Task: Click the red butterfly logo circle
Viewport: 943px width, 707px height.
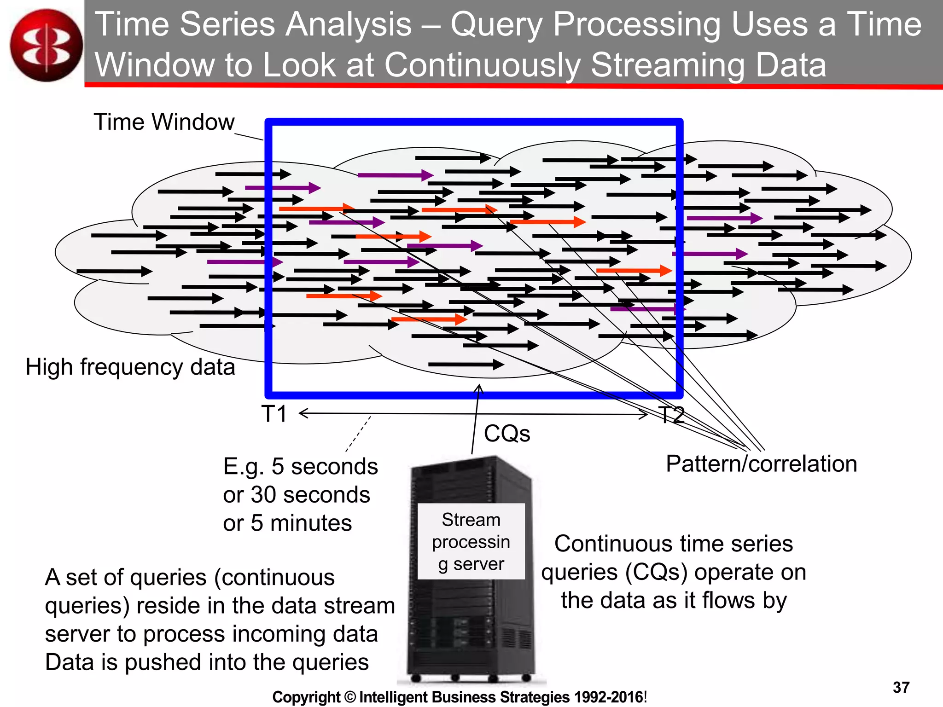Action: [46, 45]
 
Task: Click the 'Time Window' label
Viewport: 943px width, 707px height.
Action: [164, 122]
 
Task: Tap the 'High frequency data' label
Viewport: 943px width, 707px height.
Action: [130, 367]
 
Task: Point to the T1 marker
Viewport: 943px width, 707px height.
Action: [274, 414]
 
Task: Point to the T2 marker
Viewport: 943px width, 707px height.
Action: [671, 415]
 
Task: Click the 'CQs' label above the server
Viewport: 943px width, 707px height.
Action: [507, 434]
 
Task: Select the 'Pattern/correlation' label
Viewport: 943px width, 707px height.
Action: [761, 464]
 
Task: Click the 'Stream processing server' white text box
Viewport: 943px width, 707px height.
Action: [471, 541]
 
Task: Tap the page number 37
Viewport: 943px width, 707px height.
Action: [901, 688]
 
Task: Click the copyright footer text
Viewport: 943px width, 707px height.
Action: [460, 697]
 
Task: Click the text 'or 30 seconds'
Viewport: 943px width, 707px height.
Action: [297, 495]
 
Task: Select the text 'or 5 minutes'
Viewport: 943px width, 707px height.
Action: [287, 523]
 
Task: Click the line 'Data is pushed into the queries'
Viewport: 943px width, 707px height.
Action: [207, 662]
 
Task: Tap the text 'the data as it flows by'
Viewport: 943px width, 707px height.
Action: [674, 601]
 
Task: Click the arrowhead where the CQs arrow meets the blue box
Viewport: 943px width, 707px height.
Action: [479, 388]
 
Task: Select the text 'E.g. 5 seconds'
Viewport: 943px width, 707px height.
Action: [300, 467]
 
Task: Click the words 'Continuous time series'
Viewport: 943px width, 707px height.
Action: [674, 544]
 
